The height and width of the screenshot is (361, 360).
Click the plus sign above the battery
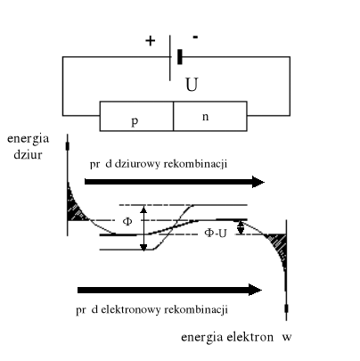point(150,41)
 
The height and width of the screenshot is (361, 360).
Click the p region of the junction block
point(135,119)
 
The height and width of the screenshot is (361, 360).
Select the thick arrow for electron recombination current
point(169,290)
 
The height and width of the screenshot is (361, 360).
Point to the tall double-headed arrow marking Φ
point(143,227)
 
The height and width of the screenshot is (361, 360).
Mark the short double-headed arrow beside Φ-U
point(239,226)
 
